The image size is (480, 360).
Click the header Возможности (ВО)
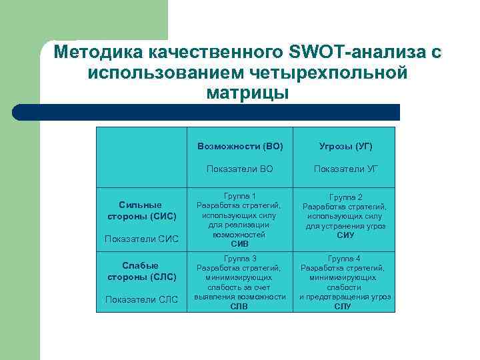[240, 146]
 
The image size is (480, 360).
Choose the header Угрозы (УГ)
[345, 146]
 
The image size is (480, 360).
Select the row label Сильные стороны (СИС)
[141, 211]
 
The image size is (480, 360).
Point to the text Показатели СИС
[141, 239]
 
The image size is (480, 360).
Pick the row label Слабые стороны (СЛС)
[141, 271]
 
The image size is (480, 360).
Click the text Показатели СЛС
[141, 299]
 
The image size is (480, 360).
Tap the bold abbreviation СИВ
[239, 244]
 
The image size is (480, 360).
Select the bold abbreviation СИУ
[345, 235]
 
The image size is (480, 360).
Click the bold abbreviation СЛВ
[239, 306]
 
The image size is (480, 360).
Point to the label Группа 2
[345, 198]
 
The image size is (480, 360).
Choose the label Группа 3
[239, 259]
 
